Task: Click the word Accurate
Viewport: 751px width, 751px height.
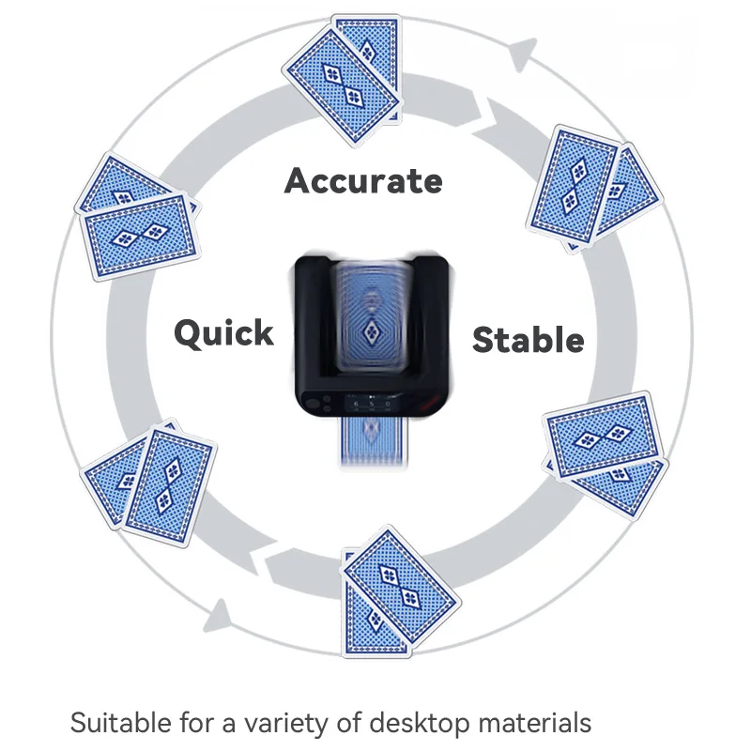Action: point(363,179)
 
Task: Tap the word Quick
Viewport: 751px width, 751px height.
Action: point(223,332)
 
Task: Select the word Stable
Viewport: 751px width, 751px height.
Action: point(528,339)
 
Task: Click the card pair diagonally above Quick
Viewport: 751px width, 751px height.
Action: point(138,221)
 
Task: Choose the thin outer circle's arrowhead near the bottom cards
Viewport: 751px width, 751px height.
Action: point(218,615)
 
